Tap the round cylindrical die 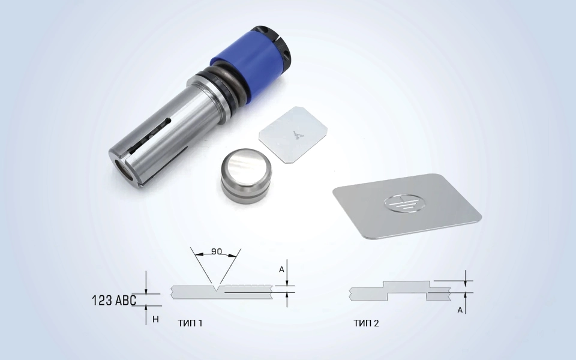coord(246,174)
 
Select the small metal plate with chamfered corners coord(293,134)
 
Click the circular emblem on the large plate coord(403,203)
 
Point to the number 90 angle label coord(217,251)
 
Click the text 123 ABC coord(114,300)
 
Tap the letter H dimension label coord(155,319)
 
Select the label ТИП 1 coord(190,323)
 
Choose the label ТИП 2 coord(366,323)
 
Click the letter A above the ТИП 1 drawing coord(281,269)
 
